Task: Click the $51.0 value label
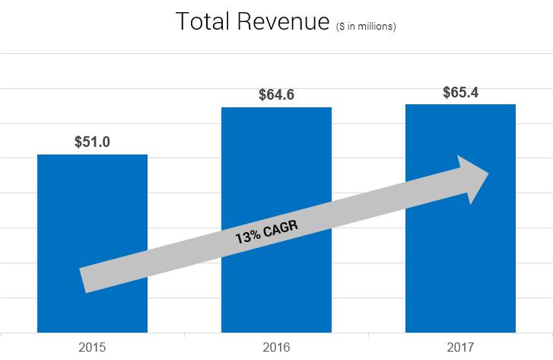tap(92, 142)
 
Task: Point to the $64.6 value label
tap(276, 95)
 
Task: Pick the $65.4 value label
tap(461, 92)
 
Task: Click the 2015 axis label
tap(92, 348)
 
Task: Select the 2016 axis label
tap(276, 348)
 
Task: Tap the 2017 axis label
tap(461, 348)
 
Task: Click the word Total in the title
tap(203, 23)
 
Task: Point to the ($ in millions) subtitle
tap(366, 27)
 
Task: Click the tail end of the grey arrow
tap(84, 279)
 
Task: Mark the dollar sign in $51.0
tap(78, 142)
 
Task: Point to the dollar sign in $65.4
tap(447, 92)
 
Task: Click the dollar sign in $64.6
tap(262, 95)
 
